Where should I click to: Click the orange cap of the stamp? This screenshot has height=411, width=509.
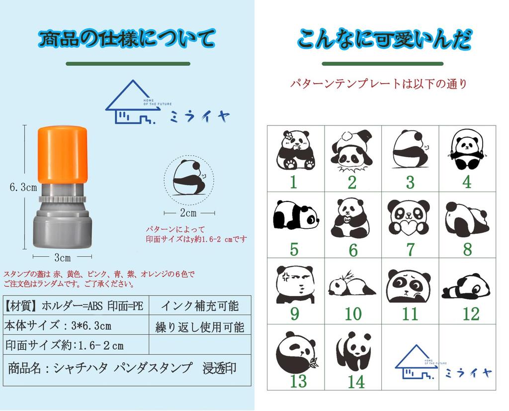63,154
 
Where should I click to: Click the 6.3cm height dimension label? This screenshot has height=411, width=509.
23,188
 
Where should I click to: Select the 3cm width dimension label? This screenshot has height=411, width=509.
62,258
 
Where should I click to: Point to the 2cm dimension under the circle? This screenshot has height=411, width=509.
188,213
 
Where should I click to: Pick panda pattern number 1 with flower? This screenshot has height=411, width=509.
295,150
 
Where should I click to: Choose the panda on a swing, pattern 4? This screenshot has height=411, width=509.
467,150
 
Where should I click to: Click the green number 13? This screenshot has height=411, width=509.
298,382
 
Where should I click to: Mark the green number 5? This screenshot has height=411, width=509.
294,249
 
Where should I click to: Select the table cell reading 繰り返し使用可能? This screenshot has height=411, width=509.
200,327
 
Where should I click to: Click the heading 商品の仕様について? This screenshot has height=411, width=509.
127,38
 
